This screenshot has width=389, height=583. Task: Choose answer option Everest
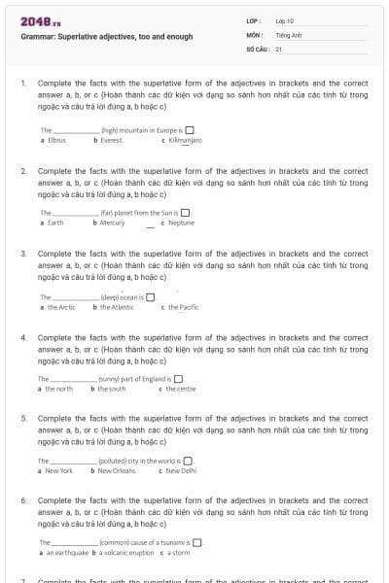tap(110, 140)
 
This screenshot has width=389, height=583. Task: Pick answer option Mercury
tap(112, 223)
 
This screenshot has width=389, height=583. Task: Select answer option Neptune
tap(182, 223)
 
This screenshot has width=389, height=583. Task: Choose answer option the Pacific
tap(183, 307)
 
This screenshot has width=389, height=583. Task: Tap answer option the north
tap(58, 389)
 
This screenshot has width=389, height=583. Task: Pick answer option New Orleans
tap(118, 470)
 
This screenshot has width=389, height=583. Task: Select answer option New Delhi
tap(181, 470)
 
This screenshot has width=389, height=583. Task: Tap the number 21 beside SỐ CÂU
tap(279, 48)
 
